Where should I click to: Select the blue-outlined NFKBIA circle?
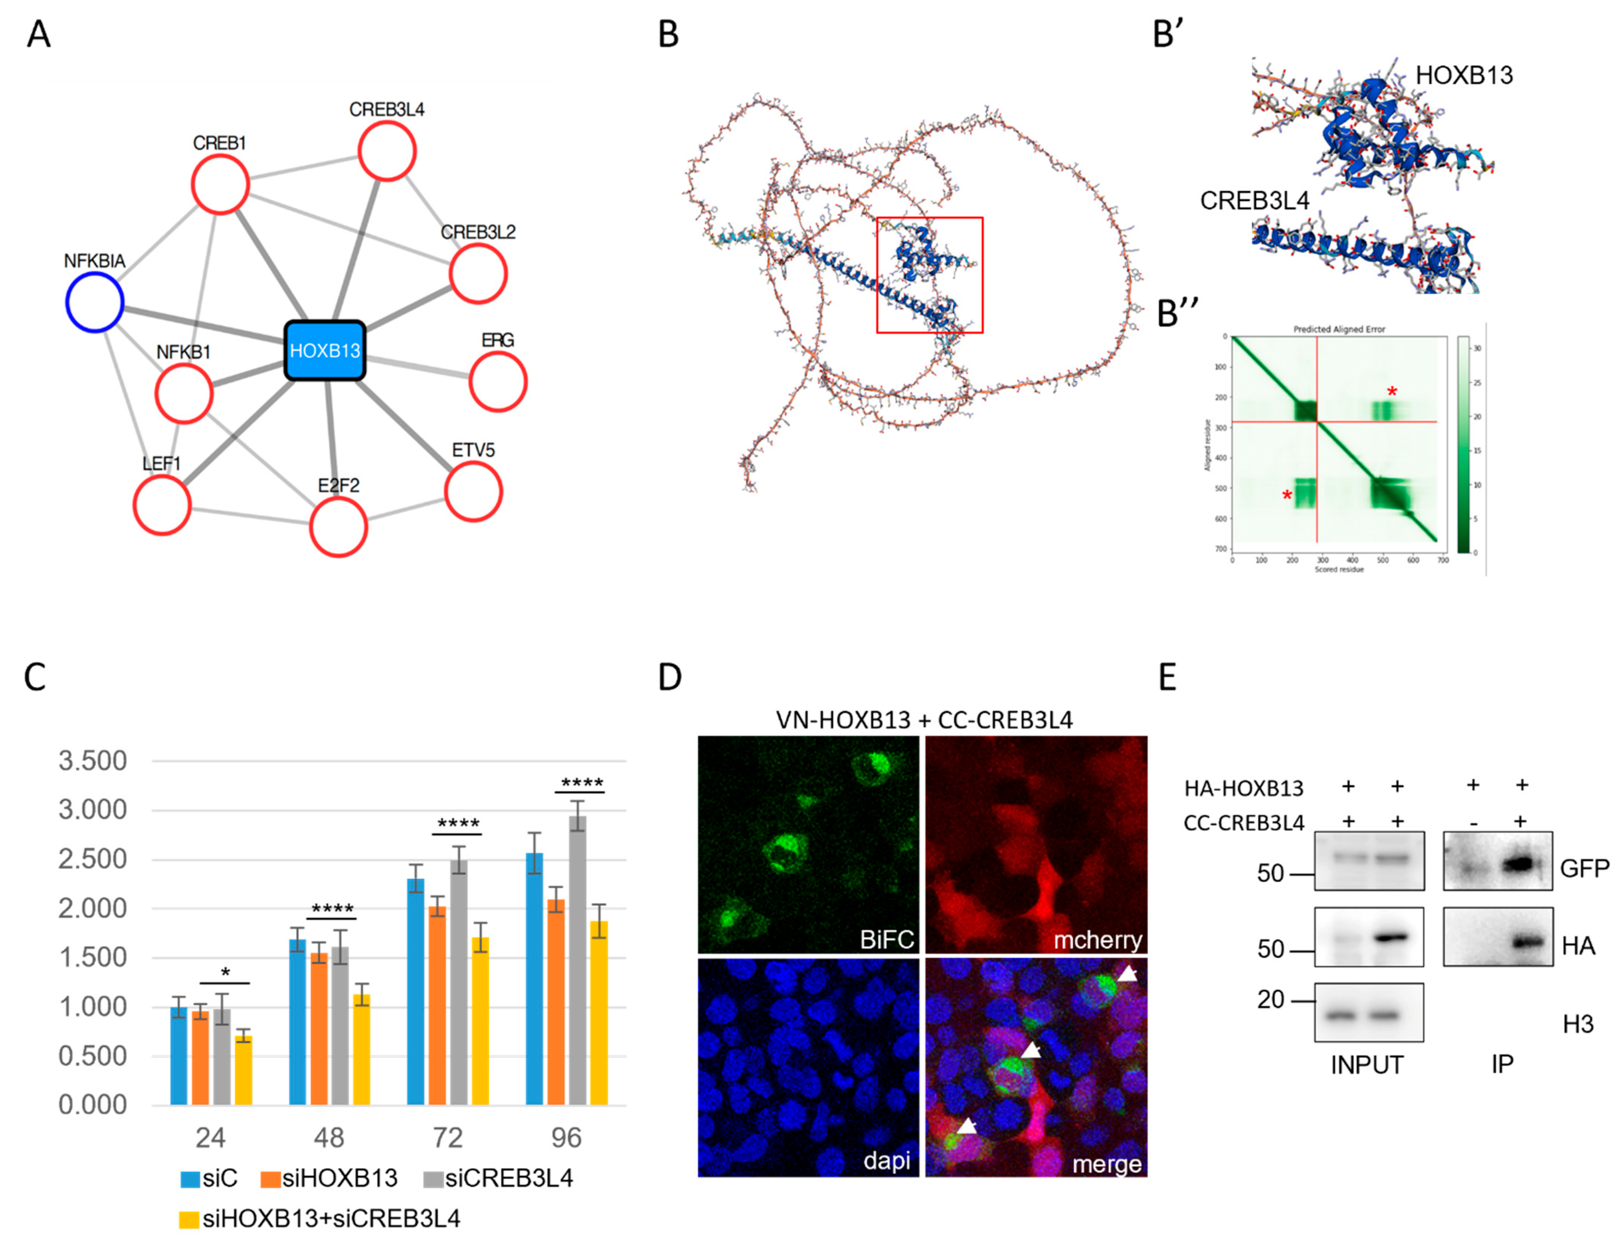pos(95,301)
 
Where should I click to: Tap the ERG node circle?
pos(498,381)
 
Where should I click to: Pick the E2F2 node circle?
pos(338,526)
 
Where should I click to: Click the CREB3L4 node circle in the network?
pos(387,151)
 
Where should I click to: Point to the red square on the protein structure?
pos(930,275)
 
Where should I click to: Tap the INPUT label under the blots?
pos(1367,1064)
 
